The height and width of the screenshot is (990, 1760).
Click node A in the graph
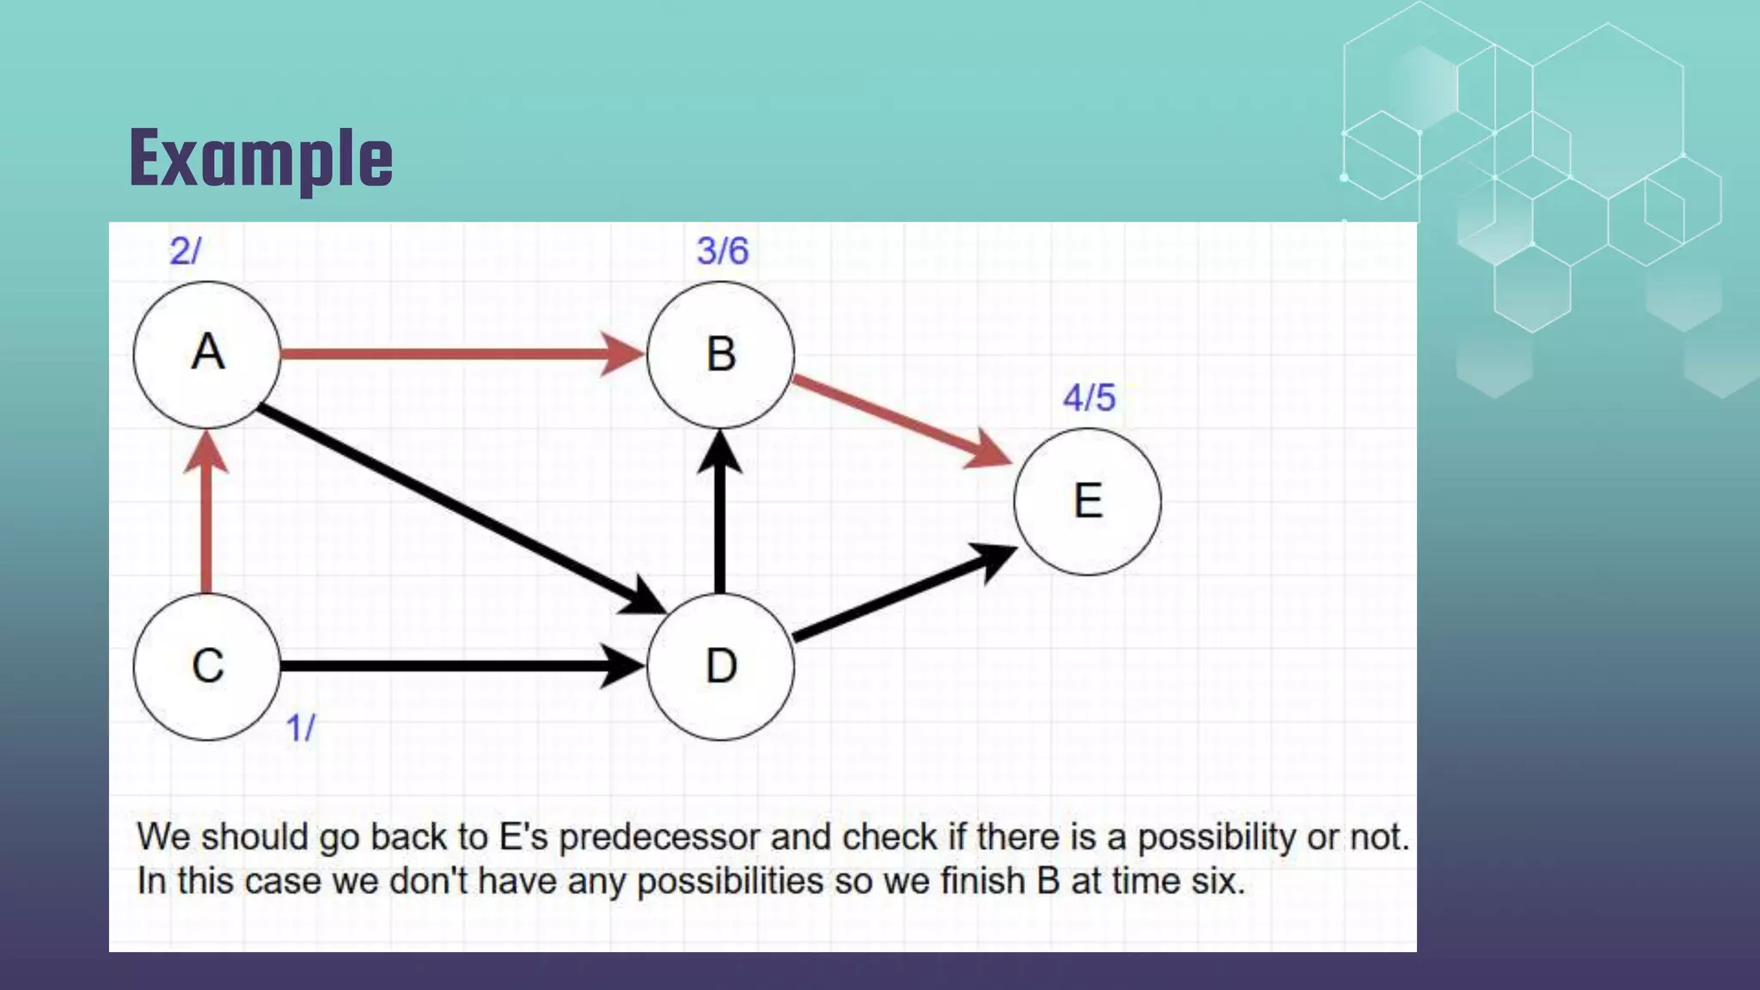pyautogui.click(x=207, y=354)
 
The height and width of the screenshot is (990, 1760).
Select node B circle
pyautogui.click(x=720, y=354)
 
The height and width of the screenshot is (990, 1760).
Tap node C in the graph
pyautogui.click(x=207, y=666)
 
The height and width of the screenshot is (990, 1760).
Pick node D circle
pyautogui.click(x=720, y=666)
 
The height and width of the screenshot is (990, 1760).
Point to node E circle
pyautogui.click(x=1087, y=501)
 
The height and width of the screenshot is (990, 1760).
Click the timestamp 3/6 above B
pyautogui.click(x=722, y=251)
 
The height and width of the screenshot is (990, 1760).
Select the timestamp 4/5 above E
pyautogui.click(x=1089, y=398)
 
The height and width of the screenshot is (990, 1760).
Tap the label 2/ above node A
pyautogui.click(x=185, y=251)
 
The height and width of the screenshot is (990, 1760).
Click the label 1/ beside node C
pyautogui.click(x=300, y=728)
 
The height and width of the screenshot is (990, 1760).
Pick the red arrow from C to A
pyautogui.click(x=206, y=516)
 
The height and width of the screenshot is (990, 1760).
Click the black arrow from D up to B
pyautogui.click(x=720, y=516)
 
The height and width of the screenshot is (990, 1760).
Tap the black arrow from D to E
pyautogui.click(x=902, y=593)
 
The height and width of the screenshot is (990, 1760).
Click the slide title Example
pyautogui.click(x=261, y=158)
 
